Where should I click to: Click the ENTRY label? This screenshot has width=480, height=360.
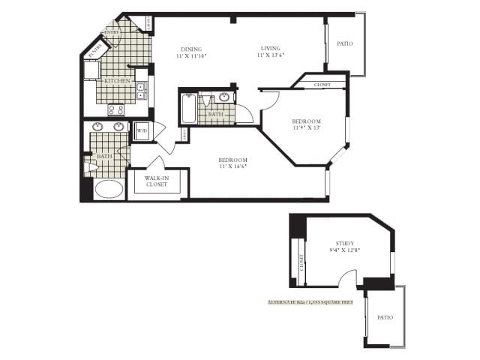click(x=112, y=33)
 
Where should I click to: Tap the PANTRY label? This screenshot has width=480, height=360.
click(x=95, y=51)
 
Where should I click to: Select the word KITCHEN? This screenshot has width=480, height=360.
click(x=117, y=81)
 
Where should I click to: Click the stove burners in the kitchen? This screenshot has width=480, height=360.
click(x=116, y=109)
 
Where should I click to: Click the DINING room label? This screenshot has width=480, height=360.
click(x=191, y=49)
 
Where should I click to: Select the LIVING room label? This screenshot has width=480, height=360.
click(x=271, y=49)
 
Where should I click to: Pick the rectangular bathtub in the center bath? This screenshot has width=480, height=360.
click(x=188, y=109)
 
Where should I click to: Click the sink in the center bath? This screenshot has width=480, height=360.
click(x=224, y=97)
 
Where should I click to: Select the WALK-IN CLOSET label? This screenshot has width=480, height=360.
click(x=156, y=181)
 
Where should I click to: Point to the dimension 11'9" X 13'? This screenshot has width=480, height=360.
click(x=306, y=127)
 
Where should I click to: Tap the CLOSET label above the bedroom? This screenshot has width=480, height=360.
click(x=323, y=85)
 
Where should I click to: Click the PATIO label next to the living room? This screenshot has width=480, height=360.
click(x=345, y=43)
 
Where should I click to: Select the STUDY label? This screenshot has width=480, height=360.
click(x=345, y=243)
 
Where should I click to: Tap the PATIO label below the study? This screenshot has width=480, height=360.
click(x=385, y=318)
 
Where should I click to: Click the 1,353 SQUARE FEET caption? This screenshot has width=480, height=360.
click(x=310, y=302)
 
